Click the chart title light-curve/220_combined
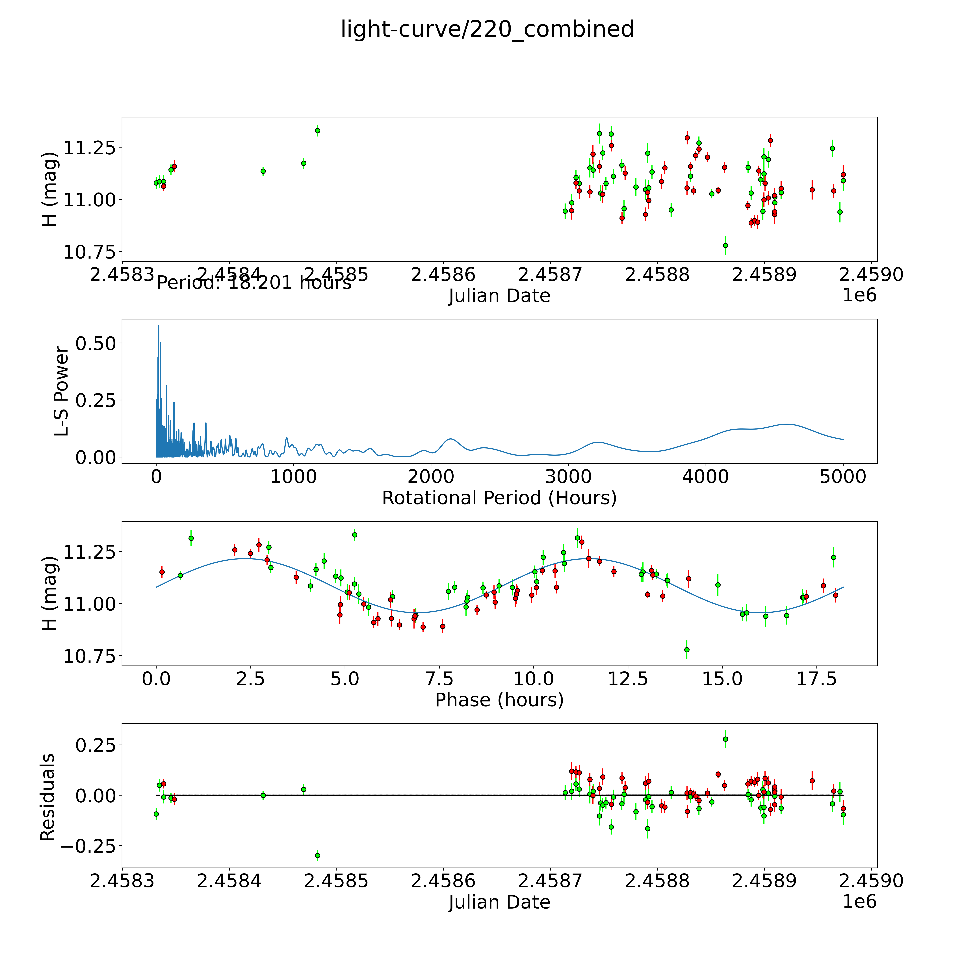pyautogui.click(x=487, y=29)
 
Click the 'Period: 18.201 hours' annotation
pyautogui.click(x=254, y=283)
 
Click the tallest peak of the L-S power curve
pyautogui.click(x=159, y=326)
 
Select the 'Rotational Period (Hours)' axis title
pyautogui.click(x=499, y=498)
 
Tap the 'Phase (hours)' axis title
pyautogui.click(x=499, y=700)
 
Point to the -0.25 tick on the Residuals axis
pyautogui.click(x=91, y=846)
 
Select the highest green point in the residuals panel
pyautogui.click(x=725, y=739)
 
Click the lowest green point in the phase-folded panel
pyautogui.click(x=686, y=649)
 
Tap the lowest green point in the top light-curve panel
pyautogui.click(x=725, y=245)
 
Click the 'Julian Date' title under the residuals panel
pyautogui.click(x=499, y=902)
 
